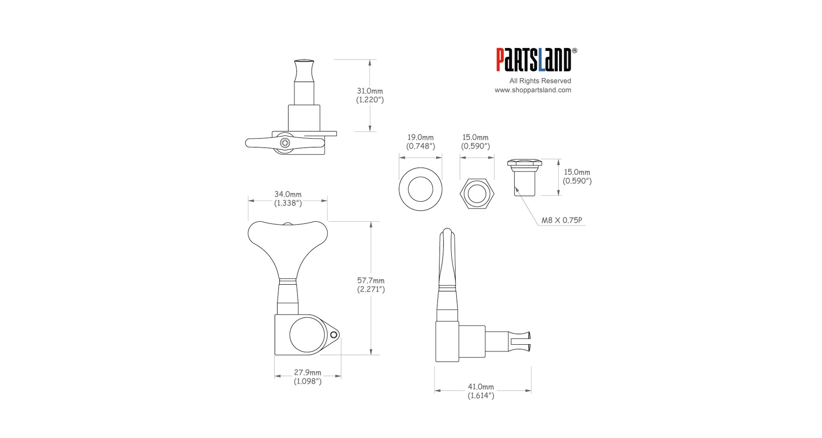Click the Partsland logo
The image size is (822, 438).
click(x=533, y=60)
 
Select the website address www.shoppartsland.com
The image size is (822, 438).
click(x=533, y=90)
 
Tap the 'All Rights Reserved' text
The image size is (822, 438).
click(x=540, y=80)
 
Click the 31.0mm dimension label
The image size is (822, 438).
click(x=370, y=91)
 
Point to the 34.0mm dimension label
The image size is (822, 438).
click(x=288, y=194)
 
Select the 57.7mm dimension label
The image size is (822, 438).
click(x=371, y=280)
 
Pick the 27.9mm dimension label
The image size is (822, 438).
click(x=307, y=372)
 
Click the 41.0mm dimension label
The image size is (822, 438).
click(x=481, y=387)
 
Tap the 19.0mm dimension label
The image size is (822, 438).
click(x=420, y=137)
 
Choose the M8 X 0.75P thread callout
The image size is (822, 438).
click(x=562, y=220)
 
